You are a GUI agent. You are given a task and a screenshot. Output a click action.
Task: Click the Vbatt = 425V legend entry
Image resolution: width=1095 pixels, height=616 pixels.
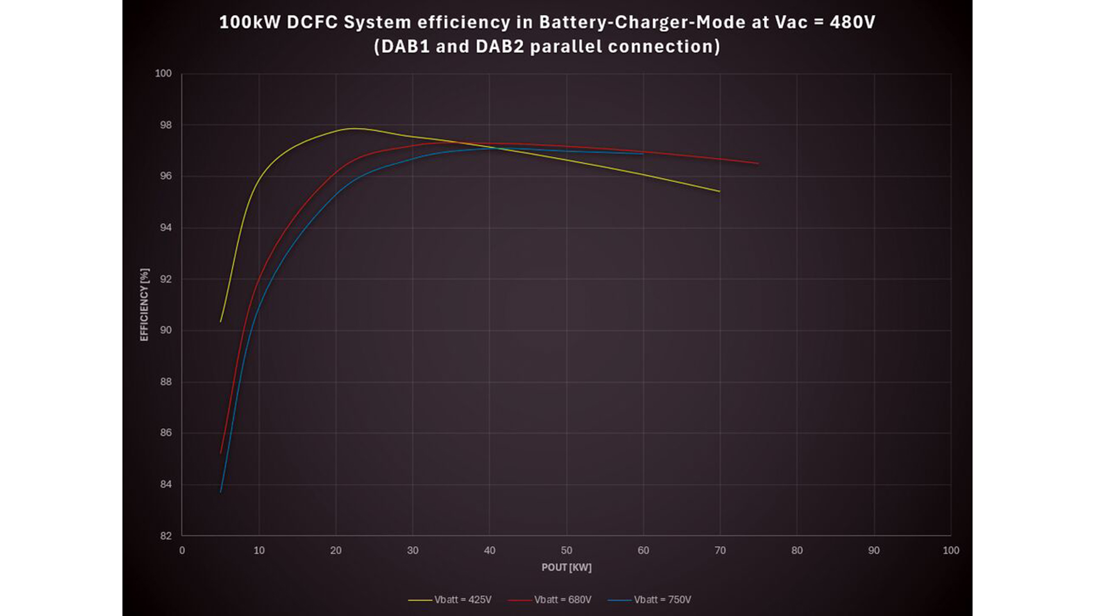(450, 600)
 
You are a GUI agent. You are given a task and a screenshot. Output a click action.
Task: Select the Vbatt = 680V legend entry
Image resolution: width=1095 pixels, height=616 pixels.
(550, 600)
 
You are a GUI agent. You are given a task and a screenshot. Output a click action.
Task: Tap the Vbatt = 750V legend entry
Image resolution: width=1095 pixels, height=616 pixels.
(650, 600)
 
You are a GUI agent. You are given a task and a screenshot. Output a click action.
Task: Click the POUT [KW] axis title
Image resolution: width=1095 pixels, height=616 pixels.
(567, 568)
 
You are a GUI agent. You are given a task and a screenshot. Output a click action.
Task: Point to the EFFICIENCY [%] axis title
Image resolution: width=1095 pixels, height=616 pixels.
(144, 304)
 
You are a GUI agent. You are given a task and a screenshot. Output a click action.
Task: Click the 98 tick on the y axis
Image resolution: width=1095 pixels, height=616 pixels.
(166, 125)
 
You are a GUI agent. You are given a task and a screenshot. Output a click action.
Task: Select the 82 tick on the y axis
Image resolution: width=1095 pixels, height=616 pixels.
(166, 536)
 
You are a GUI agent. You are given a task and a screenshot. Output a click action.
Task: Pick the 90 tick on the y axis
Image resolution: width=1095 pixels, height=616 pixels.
(166, 330)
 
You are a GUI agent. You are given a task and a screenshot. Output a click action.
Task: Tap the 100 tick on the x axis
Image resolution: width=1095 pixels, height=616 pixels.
(951, 551)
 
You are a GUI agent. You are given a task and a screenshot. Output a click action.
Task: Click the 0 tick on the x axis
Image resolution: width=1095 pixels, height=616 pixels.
(182, 551)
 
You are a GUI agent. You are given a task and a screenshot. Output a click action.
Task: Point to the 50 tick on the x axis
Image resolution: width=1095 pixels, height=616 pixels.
(567, 551)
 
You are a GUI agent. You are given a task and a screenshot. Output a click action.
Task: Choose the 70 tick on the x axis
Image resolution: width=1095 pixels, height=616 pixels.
(720, 551)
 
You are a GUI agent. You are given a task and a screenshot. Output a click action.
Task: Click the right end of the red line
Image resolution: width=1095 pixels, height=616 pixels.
(758, 164)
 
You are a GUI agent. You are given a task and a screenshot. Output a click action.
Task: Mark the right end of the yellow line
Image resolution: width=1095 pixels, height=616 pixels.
(720, 191)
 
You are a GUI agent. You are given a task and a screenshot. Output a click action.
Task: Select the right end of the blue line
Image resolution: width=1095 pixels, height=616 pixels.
(643, 154)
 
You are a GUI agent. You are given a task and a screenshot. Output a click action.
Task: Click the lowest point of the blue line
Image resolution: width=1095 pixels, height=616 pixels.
(221, 492)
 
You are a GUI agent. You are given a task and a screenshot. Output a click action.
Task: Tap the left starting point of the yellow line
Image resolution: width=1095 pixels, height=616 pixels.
(221, 322)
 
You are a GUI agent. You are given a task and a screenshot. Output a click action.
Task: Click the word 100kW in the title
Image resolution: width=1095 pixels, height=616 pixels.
(250, 22)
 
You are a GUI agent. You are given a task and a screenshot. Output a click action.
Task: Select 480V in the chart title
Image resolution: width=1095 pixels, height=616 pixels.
(852, 22)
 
